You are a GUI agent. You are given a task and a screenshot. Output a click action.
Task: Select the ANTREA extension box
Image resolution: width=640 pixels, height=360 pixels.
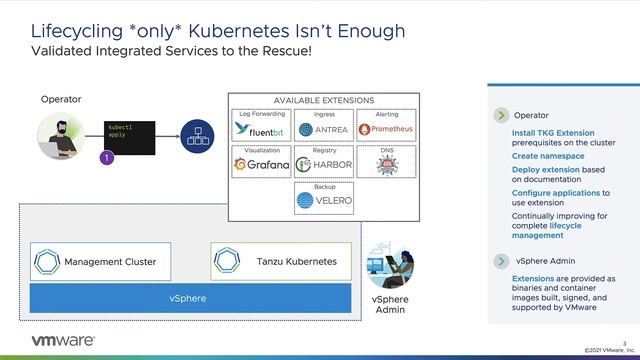[x=324, y=129]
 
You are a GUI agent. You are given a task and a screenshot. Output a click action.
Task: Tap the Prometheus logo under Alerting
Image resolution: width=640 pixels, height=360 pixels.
[x=387, y=129]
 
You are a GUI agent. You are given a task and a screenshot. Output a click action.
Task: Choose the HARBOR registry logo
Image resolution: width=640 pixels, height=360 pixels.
[x=324, y=164]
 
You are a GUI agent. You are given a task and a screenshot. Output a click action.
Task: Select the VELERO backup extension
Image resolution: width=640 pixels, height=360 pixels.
[x=324, y=200]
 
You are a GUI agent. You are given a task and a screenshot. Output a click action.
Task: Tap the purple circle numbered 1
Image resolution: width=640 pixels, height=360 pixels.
[x=107, y=157]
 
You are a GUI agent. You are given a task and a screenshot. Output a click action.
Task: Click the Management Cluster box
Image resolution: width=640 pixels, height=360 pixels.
[x=100, y=261]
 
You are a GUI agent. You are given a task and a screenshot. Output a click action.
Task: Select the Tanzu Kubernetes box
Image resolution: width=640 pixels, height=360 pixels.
[x=281, y=261]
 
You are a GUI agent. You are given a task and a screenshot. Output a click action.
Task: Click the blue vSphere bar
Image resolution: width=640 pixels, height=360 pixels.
[x=190, y=298]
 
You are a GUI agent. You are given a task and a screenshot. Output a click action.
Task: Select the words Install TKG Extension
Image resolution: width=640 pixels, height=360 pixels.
[x=553, y=133]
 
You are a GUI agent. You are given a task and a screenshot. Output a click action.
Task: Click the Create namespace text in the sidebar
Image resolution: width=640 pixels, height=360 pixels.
[x=548, y=157]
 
